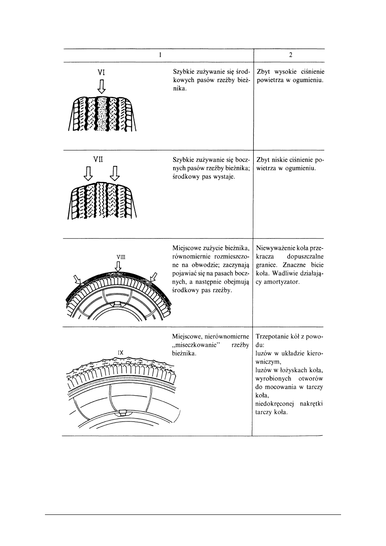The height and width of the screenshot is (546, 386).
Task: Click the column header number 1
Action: click(x=160, y=55)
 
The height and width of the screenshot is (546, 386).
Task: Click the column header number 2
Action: click(x=289, y=55)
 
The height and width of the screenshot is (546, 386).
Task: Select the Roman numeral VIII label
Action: click(x=121, y=256)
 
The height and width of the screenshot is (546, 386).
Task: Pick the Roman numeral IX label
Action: click(x=121, y=352)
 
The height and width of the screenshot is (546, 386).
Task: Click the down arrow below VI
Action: click(x=102, y=86)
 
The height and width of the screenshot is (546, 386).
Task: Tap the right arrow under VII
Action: click(x=115, y=174)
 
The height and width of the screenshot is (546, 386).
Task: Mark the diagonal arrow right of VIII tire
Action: click(x=153, y=277)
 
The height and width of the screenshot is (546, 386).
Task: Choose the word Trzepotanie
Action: click(x=275, y=336)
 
